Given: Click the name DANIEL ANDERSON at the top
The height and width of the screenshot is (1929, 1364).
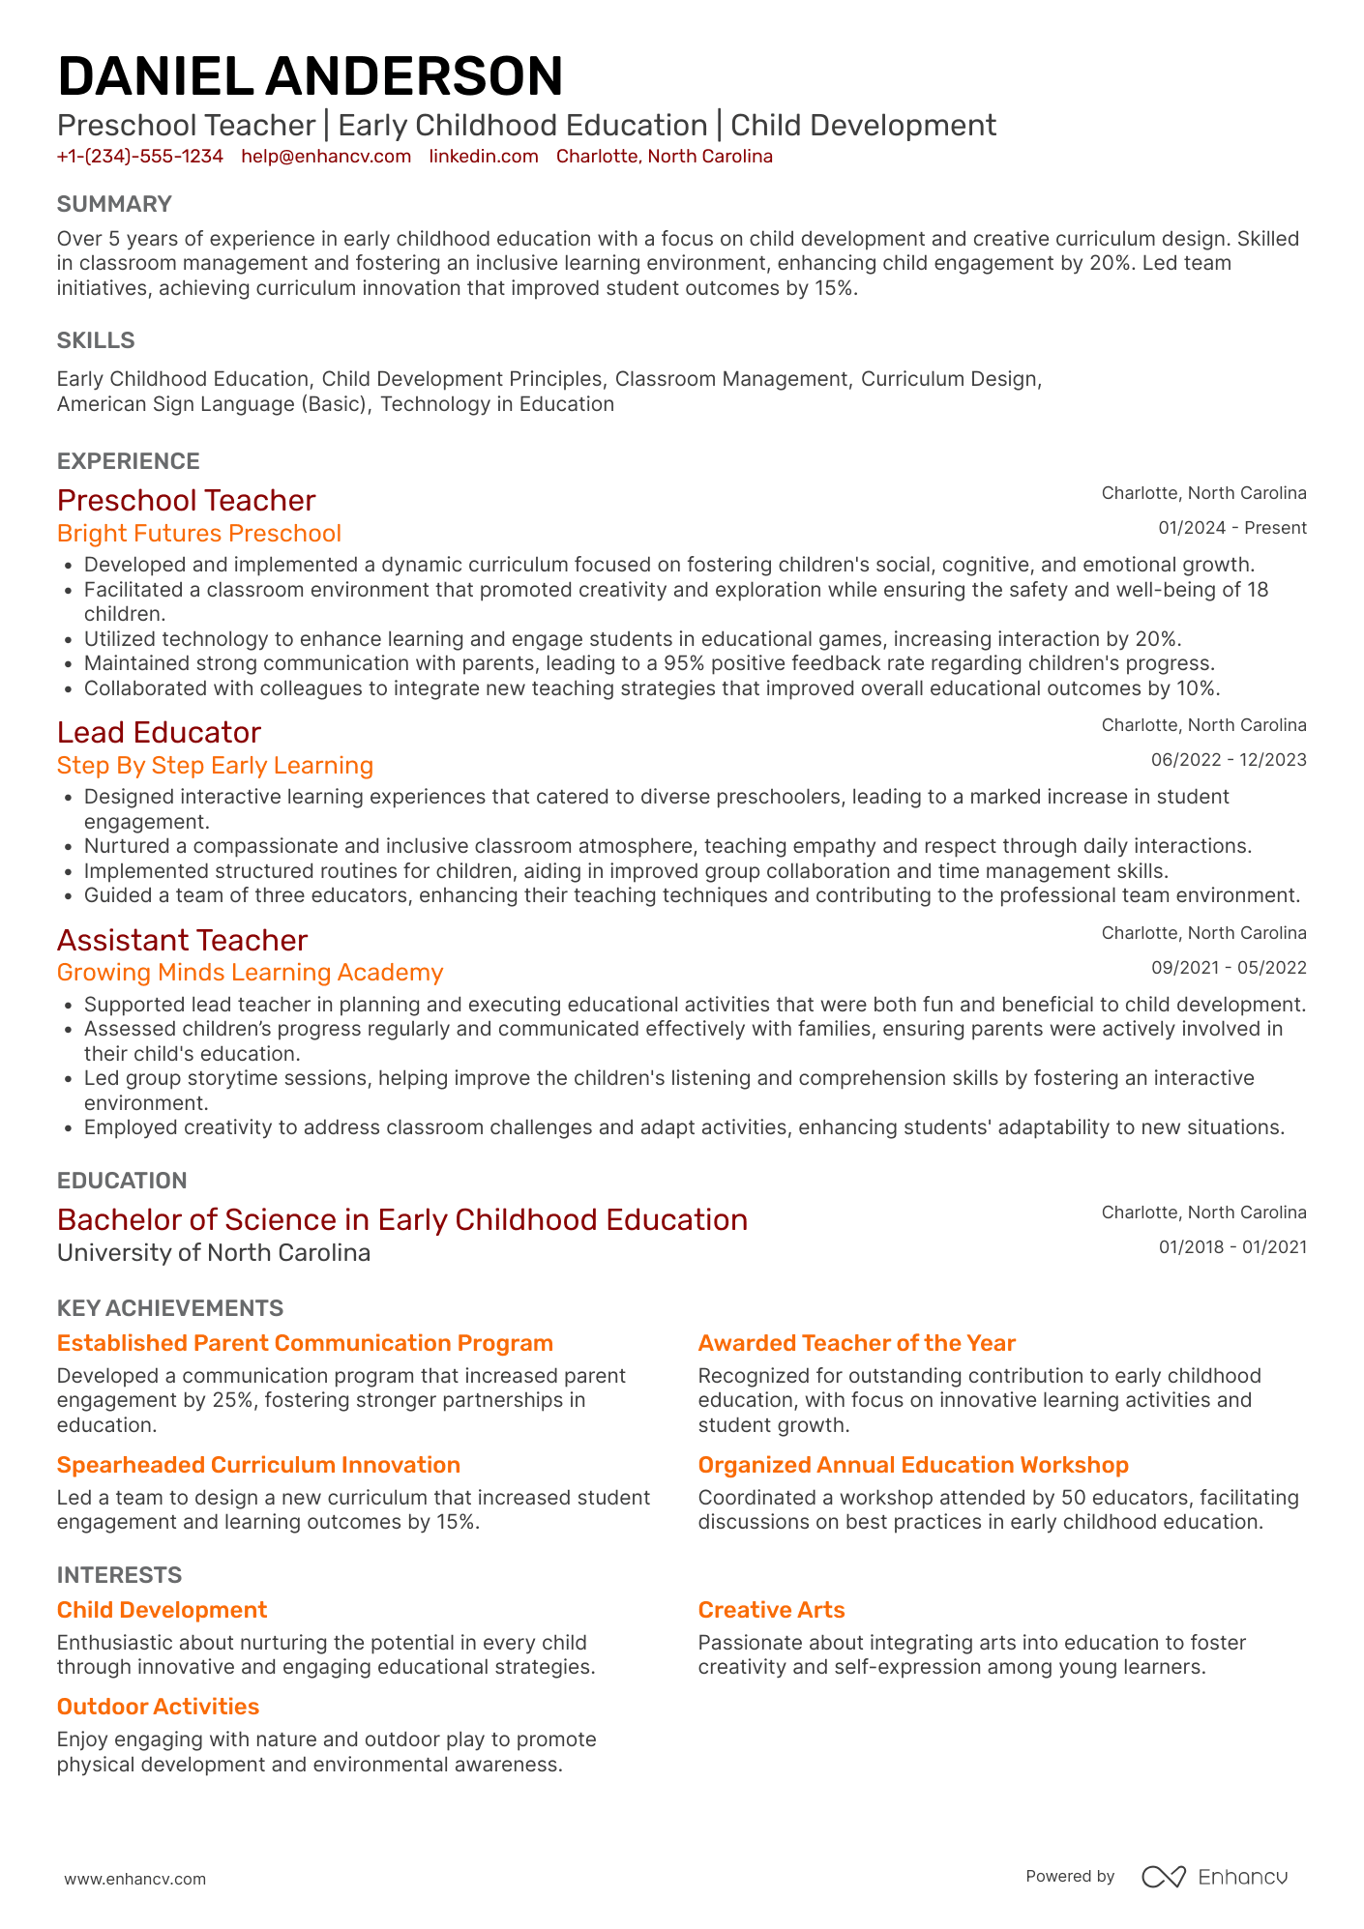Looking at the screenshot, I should pos(310,76).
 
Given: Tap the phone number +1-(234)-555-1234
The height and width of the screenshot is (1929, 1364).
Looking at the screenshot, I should pos(140,157).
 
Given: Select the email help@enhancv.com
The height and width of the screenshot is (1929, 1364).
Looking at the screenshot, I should pos(326,157).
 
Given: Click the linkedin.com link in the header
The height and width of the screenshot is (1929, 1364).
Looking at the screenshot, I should pos(484,157).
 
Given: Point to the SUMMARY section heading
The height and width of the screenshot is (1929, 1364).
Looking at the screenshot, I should pos(114,204).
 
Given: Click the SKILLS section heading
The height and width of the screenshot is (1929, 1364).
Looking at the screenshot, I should pos(96,340).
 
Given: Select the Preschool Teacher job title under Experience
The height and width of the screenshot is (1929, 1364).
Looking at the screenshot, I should pos(186,500).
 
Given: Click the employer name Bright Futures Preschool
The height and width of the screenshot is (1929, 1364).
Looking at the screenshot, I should pos(198,534).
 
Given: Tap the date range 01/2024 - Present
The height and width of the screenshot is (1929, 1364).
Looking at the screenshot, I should pos(1231,528).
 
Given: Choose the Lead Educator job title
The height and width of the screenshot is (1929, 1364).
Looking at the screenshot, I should pos(159,732).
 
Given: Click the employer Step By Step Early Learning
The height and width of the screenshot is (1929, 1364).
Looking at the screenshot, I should pos(215,766).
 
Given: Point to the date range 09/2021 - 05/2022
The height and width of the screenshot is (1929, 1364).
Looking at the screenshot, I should pos(1228,968).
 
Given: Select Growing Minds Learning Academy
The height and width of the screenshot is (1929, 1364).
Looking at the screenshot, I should pos(250,973).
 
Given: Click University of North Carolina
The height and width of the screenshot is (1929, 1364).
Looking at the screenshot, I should pos(214,1253).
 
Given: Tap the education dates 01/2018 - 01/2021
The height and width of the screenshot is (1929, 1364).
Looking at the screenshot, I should pos(1231,1247).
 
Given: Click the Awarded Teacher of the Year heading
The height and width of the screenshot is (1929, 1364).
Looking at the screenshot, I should pos(856,1343).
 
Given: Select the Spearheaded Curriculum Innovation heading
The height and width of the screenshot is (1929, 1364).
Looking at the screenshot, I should pos(258,1465).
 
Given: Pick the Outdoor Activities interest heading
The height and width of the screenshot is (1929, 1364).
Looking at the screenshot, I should pos(158,1707).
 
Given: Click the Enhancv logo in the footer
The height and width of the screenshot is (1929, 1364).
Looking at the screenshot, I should pos(1214,1877).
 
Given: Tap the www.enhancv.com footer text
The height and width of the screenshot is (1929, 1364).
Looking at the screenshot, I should pos(134,1879).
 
